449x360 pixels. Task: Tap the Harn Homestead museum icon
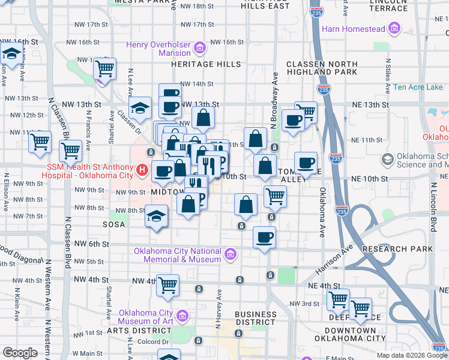pos(394,28)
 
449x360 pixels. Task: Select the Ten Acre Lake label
pos(418,87)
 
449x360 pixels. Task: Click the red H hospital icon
pos(142,170)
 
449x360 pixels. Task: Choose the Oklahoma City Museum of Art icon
pos(183,316)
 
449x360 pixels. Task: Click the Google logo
pos(19,353)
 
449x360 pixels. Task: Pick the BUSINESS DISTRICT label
pos(256,318)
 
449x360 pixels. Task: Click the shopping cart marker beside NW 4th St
pos(168,286)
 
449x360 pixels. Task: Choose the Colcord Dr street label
pos(153,342)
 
